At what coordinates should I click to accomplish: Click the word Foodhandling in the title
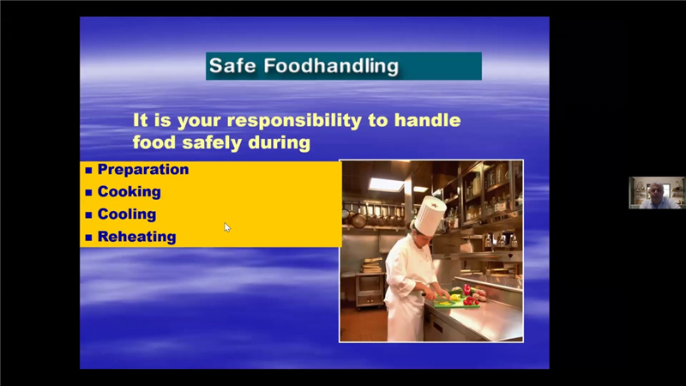[x=331, y=66]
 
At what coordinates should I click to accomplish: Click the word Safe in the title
[x=232, y=66]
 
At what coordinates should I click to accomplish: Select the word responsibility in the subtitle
[x=294, y=121]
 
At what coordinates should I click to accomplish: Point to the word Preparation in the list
[x=143, y=169]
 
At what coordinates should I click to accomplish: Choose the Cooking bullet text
[x=129, y=191]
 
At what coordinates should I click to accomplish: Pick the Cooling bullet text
[x=127, y=214]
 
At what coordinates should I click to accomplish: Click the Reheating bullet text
[x=136, y=237]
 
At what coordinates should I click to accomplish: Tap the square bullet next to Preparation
[x=89, y=170]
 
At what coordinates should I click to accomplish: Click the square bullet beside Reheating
[x=89, y=238]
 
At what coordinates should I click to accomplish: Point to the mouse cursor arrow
[x=227, y=227]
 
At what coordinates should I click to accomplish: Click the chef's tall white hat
[x=430, y=215]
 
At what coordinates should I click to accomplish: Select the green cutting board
[x=456, y=303]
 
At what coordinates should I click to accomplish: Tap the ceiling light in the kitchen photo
[x=386, y=184]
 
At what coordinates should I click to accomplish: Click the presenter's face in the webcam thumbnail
[x=655, y=191]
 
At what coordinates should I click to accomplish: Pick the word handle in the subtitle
[x=427, y=120]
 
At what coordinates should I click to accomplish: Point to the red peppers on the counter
[x=470, y=296]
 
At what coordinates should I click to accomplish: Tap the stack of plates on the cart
[x=371, y=266]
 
